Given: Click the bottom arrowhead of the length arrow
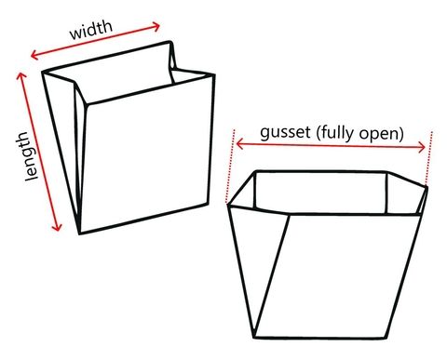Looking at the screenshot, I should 61,229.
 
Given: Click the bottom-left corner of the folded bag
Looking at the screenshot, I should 79,233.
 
